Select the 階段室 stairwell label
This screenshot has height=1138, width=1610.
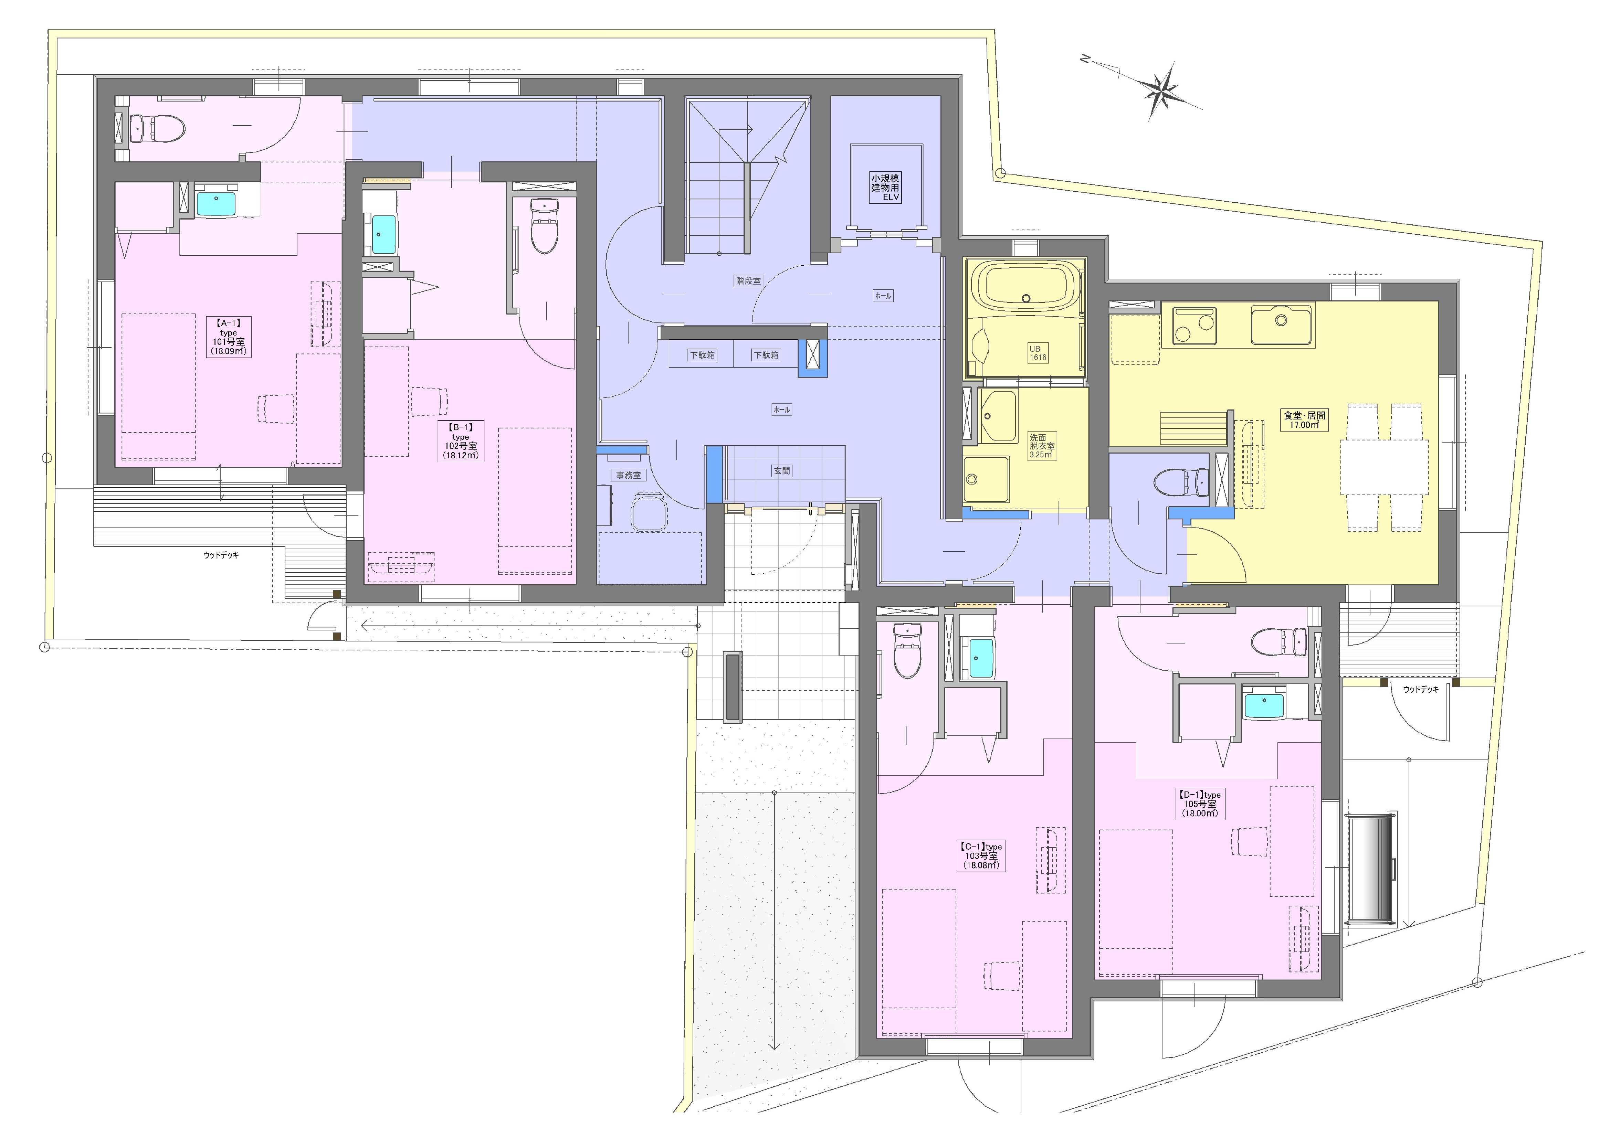coord(748,281)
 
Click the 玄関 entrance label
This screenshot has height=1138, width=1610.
coord(782,471)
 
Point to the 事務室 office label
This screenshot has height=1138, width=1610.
coord(628,475)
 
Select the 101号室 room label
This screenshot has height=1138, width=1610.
coord(228,342)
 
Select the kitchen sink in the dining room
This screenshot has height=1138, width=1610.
coord(1281,324)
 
